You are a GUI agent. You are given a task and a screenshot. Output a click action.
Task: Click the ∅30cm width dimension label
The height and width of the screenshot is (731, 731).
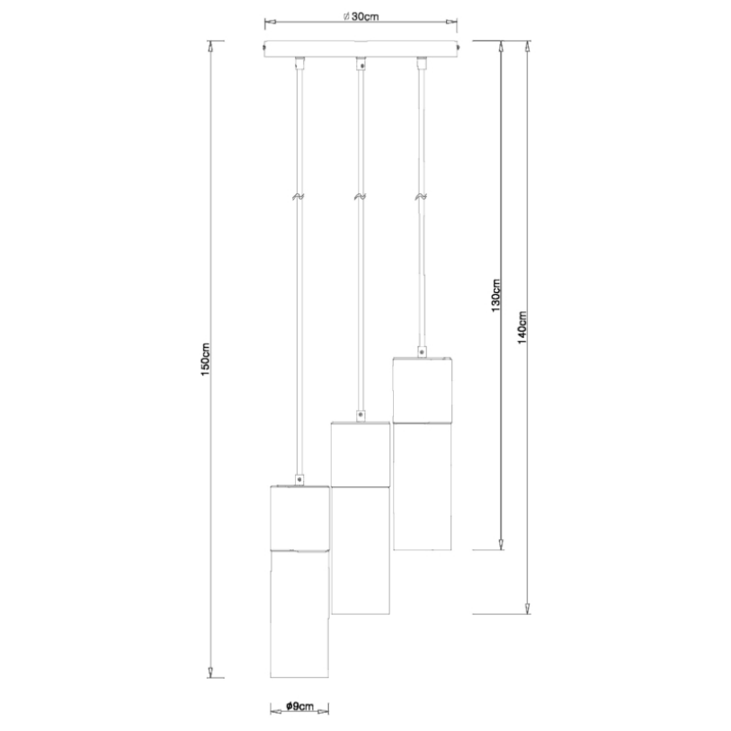point(361,17)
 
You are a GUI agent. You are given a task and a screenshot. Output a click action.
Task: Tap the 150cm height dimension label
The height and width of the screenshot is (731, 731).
point(206,360)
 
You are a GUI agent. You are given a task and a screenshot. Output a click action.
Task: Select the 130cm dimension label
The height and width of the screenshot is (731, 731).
point(496,296)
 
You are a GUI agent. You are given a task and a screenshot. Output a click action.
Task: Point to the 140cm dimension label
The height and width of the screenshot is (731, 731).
point(522,328)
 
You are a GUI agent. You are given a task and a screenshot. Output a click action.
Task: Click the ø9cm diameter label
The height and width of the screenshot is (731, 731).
point(299,707)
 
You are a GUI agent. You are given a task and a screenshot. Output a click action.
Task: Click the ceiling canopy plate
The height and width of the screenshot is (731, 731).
point(361,49)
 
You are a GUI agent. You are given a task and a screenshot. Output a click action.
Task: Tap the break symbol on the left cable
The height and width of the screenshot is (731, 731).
point(299,197)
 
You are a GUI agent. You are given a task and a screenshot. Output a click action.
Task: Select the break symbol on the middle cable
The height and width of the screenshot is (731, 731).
point(360,197)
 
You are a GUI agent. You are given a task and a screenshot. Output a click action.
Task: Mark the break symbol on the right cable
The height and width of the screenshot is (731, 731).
point(422,197)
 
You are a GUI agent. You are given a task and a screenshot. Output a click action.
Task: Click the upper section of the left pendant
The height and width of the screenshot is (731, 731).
point(299,518)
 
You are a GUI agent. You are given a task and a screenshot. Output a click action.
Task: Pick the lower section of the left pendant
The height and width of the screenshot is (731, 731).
point(299,614)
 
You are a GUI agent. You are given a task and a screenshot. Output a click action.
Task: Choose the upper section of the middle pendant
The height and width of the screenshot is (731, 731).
point(361,454)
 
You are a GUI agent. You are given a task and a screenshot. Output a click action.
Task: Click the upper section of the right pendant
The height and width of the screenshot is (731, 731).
point(423,390)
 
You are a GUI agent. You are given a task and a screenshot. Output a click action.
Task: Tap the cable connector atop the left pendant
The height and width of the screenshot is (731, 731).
point(299,480)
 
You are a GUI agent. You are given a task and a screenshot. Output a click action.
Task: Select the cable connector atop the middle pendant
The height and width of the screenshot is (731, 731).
point(360,415)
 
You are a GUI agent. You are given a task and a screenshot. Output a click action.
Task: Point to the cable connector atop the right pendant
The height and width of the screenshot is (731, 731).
point(422,352)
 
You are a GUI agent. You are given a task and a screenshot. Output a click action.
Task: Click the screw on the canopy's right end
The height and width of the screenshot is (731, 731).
point(459,47)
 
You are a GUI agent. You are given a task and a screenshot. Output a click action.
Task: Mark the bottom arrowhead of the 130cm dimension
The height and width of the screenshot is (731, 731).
point(501,544)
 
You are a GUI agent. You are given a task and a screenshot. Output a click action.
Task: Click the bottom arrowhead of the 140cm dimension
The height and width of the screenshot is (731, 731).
point(527,608)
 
